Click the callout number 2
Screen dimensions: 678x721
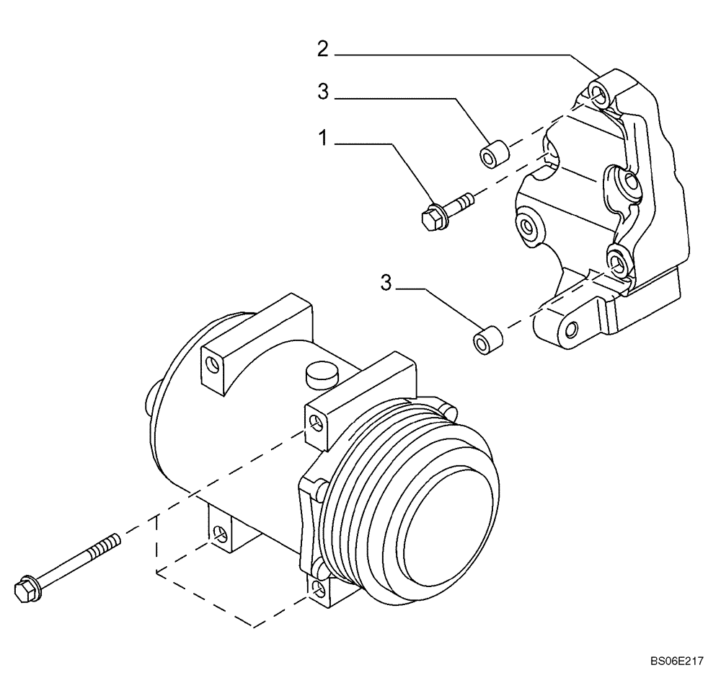(x=323, y=49)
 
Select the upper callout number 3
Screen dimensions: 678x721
(x=323, y=92)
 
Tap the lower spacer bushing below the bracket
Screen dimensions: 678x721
(x=488, y=340)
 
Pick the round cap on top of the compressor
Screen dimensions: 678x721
(x=322, y=374)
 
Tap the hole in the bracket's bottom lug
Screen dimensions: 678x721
(x=571, y=331)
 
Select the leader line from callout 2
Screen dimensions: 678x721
(x=461, y=55)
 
